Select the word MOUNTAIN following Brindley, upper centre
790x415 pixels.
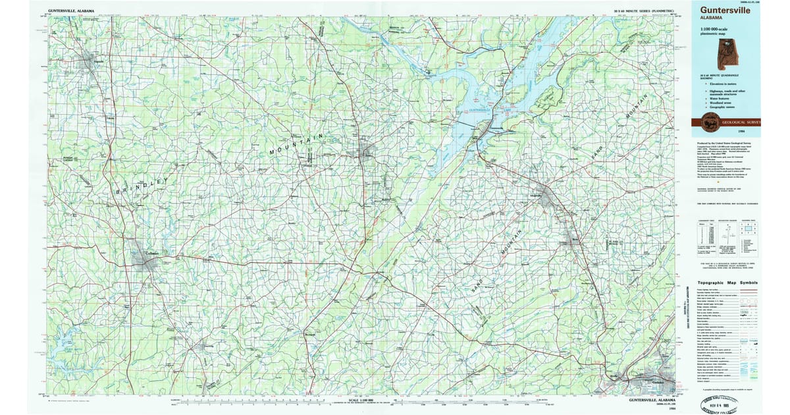tap(297, 144)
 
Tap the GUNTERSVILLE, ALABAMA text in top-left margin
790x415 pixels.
tap(70, 11)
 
